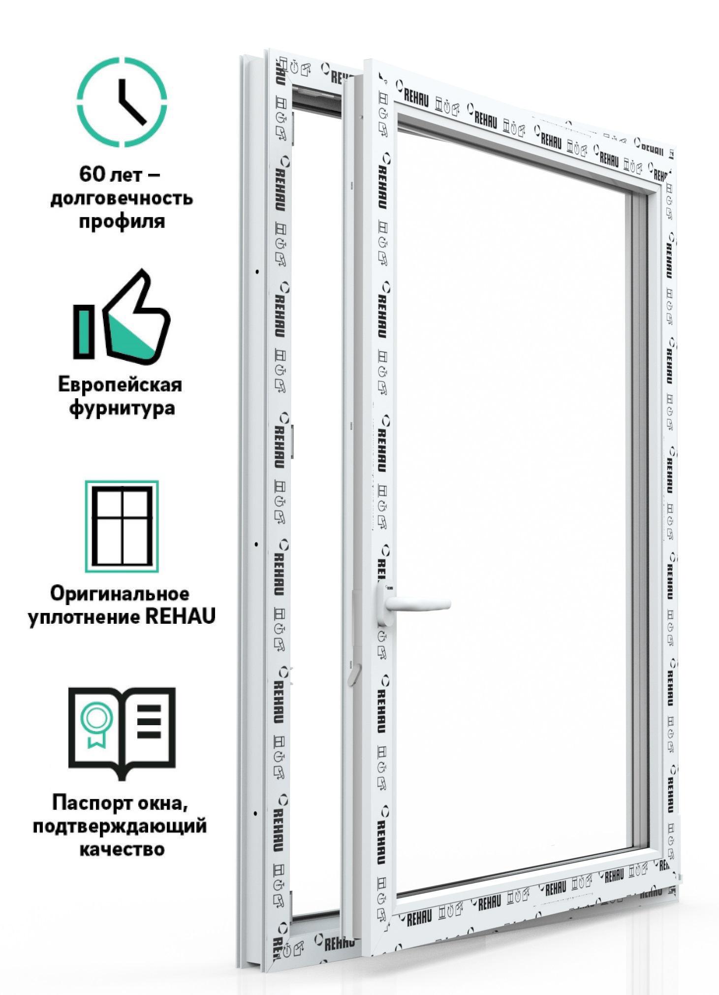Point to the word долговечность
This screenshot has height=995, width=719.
click(122, 198)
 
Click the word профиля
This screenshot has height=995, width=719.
click(122, 222)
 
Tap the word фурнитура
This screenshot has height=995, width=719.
click(122, 409)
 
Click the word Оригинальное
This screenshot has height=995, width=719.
click(120, 594)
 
